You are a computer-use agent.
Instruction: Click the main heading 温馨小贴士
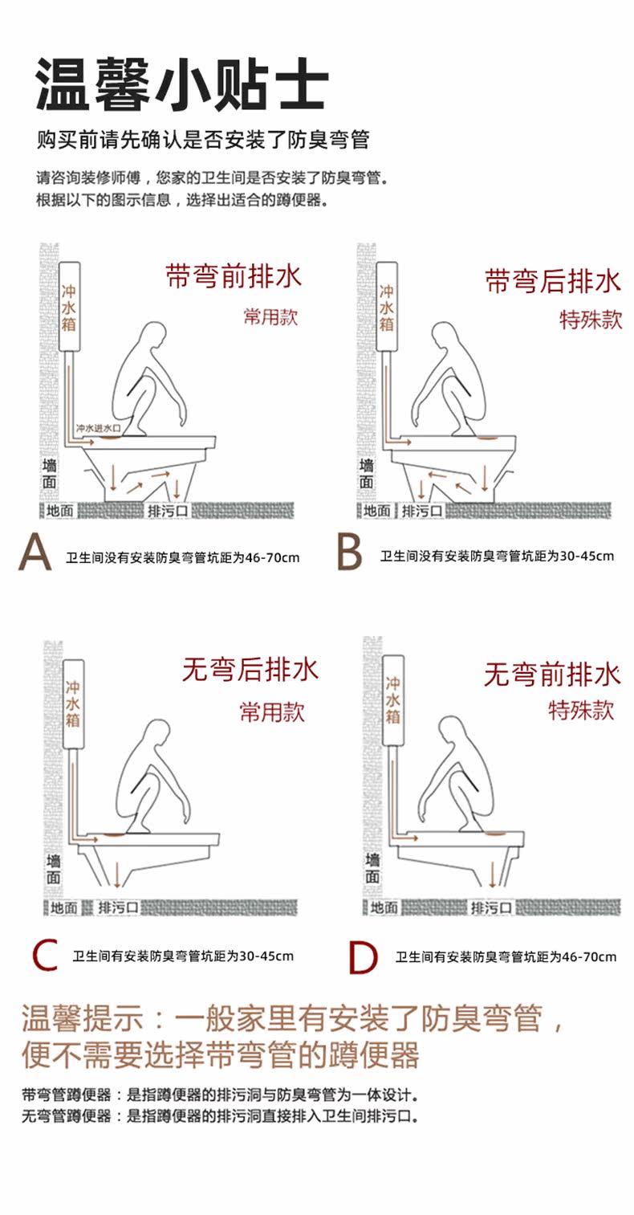pyautogui.click(x=182, y=84)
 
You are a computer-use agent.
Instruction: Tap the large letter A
pyautogui.click(x=35, y=552)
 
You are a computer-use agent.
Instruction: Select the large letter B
pyautogui.click(x=350, y=552)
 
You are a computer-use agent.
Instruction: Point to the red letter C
pyautogui.click(x=45, y=956)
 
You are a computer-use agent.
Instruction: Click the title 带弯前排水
pyautogui.click(x=234, y=276)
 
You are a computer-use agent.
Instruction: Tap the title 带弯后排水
pyautogui.click(x=552, y=281)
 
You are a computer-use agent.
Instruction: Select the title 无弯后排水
pyautogui.click(x=250, y=670)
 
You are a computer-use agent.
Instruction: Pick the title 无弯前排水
pyautogui.click(x=552, y=675)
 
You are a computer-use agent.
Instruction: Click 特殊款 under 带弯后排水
pyautogui.click(x=591, y=320)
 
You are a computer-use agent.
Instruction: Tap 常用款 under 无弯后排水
pyautogui.click(x=273, y=712)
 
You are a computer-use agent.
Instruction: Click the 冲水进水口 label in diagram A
pyautogui.click(x=98, y=429)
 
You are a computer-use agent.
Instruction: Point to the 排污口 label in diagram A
pyautogui.click(x=168, y=511)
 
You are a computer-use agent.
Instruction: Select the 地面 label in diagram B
pyautogui.click(x=377, y=511)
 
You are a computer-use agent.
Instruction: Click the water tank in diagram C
pyautogui.click(x=74, y=703)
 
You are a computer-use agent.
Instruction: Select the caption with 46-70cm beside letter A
pyautogui.click(x=183, y=557)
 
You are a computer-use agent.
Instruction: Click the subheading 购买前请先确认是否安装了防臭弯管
pyautogui.click(x=203, y=140)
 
